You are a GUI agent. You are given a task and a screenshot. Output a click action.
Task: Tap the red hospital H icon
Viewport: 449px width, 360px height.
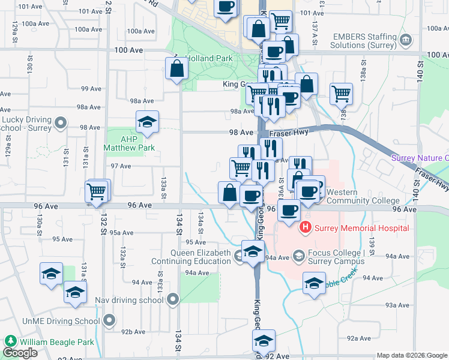306,228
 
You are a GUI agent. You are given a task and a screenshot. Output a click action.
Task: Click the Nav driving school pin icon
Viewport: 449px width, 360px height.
173,298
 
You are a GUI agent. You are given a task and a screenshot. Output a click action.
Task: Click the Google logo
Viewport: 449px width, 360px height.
20,353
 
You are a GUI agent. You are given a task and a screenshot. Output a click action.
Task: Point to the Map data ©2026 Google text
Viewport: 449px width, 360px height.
412,355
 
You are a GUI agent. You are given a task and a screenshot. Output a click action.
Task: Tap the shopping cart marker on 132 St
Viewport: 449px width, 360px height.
97,192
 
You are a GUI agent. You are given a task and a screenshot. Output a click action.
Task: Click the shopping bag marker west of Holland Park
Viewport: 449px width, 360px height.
178,69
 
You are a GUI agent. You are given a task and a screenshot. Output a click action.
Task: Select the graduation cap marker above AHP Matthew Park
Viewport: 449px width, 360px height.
147,122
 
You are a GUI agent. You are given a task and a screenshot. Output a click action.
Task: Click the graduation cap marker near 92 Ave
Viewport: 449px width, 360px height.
264,341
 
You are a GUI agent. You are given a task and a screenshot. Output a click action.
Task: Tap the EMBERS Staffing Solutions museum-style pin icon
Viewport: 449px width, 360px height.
406,40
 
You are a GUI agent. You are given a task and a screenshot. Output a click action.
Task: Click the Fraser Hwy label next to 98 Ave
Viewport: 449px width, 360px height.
289,133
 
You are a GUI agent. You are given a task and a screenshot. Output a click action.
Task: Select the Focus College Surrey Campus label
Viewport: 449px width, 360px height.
336,257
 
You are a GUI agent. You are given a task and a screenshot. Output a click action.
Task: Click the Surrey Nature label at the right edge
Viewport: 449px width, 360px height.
420,158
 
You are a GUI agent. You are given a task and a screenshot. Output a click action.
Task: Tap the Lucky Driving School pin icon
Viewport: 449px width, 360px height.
60,123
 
